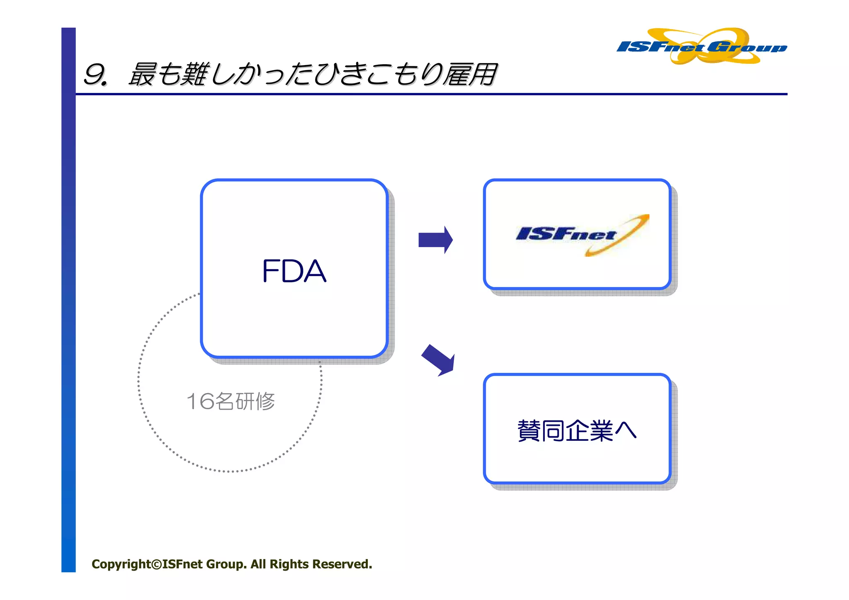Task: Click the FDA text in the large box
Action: (294, 271)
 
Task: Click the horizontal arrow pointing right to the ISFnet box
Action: (435, 240)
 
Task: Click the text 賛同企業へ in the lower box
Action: (576, 430)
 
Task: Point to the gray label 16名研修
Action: (230, 401)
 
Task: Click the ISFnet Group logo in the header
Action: (701, 46)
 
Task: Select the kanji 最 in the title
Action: (142, 75)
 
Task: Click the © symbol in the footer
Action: (156, 564)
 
